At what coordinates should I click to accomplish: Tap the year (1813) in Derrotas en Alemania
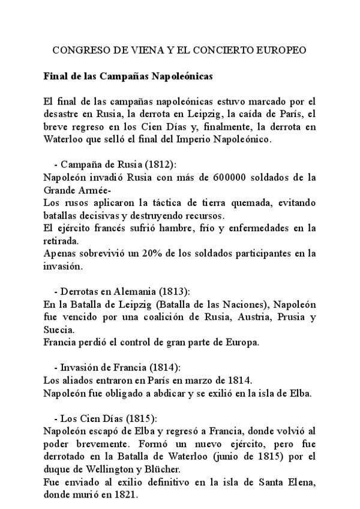[x=173, y=292]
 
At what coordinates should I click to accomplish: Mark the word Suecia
[x=59, y=330]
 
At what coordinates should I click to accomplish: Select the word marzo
[x=199, y=381]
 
